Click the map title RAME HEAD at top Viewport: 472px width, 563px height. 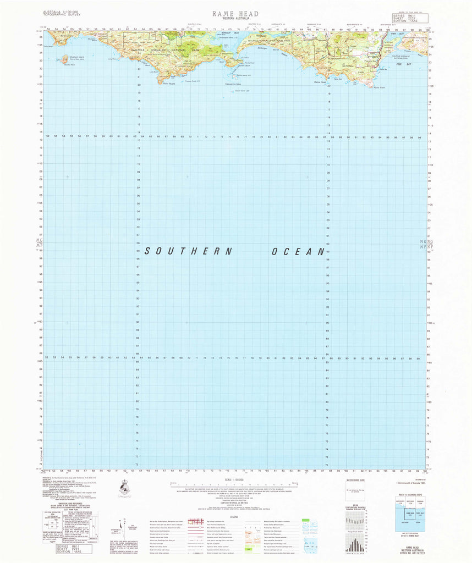click(235, 13)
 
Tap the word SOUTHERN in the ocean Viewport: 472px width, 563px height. click(189, 251)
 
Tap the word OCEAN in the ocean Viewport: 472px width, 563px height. click(298, 252)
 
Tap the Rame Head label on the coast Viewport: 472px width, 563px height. click(320, 82)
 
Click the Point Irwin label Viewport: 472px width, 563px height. click(379, 87)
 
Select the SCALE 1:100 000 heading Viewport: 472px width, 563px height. click(235, 480)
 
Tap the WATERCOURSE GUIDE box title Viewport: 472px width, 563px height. click(356, 480)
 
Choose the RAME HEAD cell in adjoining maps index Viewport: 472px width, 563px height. click(410, 515)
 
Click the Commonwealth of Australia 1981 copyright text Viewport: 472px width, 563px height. click(411, 483)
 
